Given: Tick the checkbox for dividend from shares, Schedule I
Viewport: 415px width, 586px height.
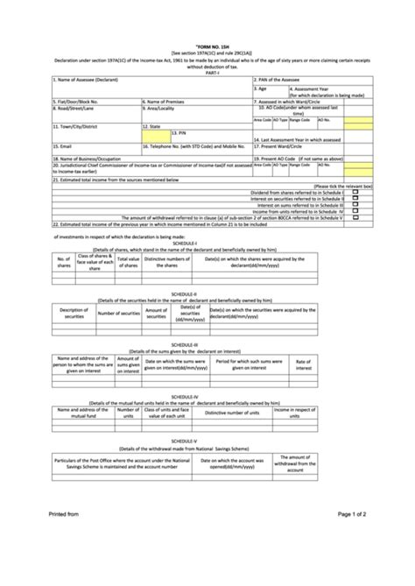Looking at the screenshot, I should [355, 192].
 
